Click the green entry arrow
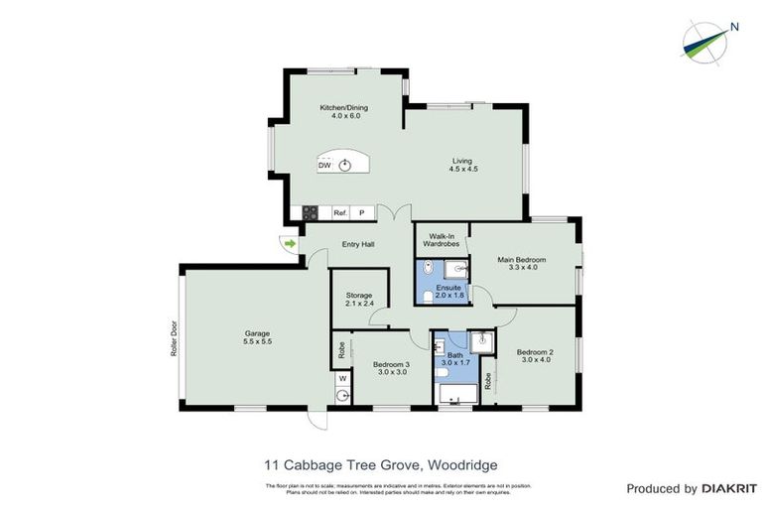click(290, 242)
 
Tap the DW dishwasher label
click(324, 166)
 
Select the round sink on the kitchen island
click(344, 165)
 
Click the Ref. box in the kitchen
click(339, 212)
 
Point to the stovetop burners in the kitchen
click(310, 212)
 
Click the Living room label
click(463, 161)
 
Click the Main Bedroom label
click(521, 260)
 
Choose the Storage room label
click(358, 295)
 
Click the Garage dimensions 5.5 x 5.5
click(258, 341)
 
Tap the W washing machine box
click(342, 378)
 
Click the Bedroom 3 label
click(391, 364)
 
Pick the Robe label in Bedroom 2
click(488, 378)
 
